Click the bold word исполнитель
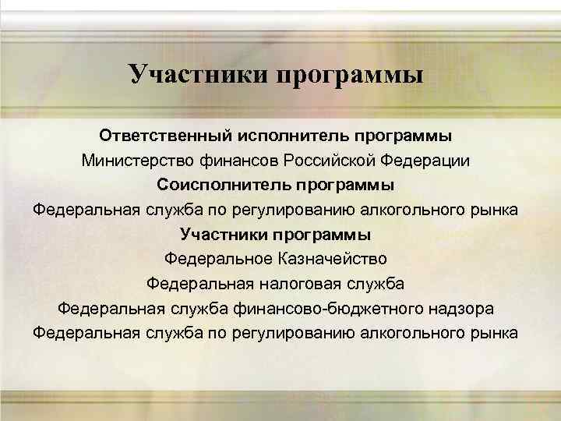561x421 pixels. (x=290, y=136)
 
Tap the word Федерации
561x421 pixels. (x=427, y=161)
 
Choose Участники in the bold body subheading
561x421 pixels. (x=223, y=234)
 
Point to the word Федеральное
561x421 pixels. (x=213, y=258)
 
